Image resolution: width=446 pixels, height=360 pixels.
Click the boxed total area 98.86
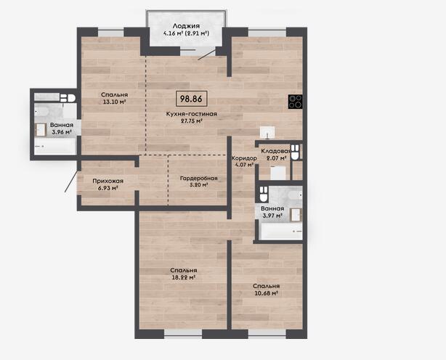(191, 99)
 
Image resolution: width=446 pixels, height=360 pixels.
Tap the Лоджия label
(186, 26)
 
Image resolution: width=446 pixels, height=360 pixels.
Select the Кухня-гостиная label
(192, 114)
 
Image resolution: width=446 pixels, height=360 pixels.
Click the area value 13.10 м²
(114, 102)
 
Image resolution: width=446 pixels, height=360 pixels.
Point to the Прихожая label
(108, 181)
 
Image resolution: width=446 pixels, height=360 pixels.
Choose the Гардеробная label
(198, 178)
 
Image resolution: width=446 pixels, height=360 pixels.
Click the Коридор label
(244, 158)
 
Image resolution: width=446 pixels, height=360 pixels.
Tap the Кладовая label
(275, 151)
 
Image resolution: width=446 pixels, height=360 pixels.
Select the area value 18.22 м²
(184, 277)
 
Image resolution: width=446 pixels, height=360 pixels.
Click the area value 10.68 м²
(266, 293)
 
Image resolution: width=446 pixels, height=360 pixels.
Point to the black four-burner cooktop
(295, 102)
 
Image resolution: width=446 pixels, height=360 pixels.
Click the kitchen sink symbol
(267, 133)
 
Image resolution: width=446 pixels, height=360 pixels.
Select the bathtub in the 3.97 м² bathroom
(281, 232)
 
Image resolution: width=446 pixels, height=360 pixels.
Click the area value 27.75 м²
(192, 120)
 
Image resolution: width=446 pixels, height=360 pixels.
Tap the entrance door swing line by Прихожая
(71, 181)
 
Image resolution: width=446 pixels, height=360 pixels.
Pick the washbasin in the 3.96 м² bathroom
(41, 130)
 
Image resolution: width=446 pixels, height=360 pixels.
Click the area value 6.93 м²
(108, 188)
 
